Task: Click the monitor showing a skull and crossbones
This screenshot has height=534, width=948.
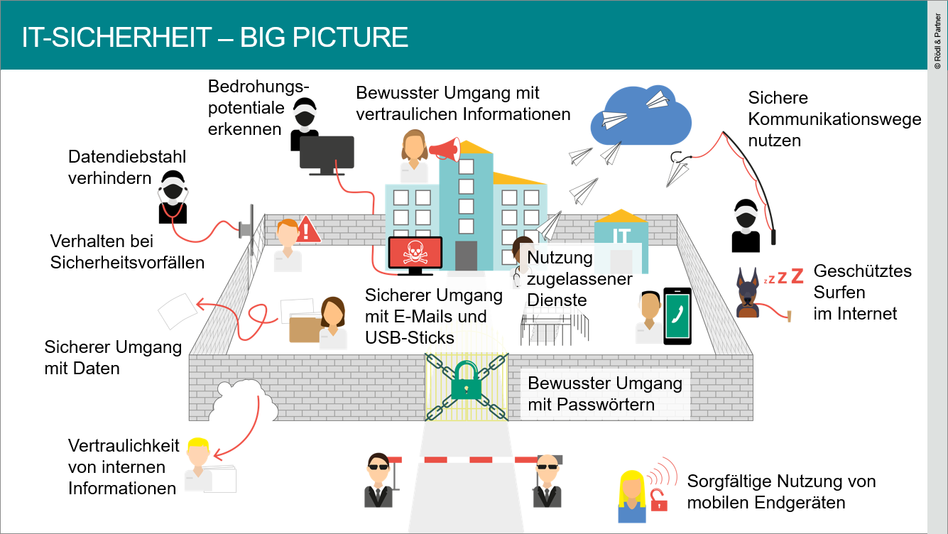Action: point(415,254)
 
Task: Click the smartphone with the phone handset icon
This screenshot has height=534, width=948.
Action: point(677,316)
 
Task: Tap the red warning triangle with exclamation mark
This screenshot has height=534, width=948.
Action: point(308,229)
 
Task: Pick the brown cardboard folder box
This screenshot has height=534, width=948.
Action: point(305,329)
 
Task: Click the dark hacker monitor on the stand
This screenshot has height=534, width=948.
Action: point(327,154)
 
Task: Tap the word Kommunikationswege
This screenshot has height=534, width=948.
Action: point(834,119)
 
